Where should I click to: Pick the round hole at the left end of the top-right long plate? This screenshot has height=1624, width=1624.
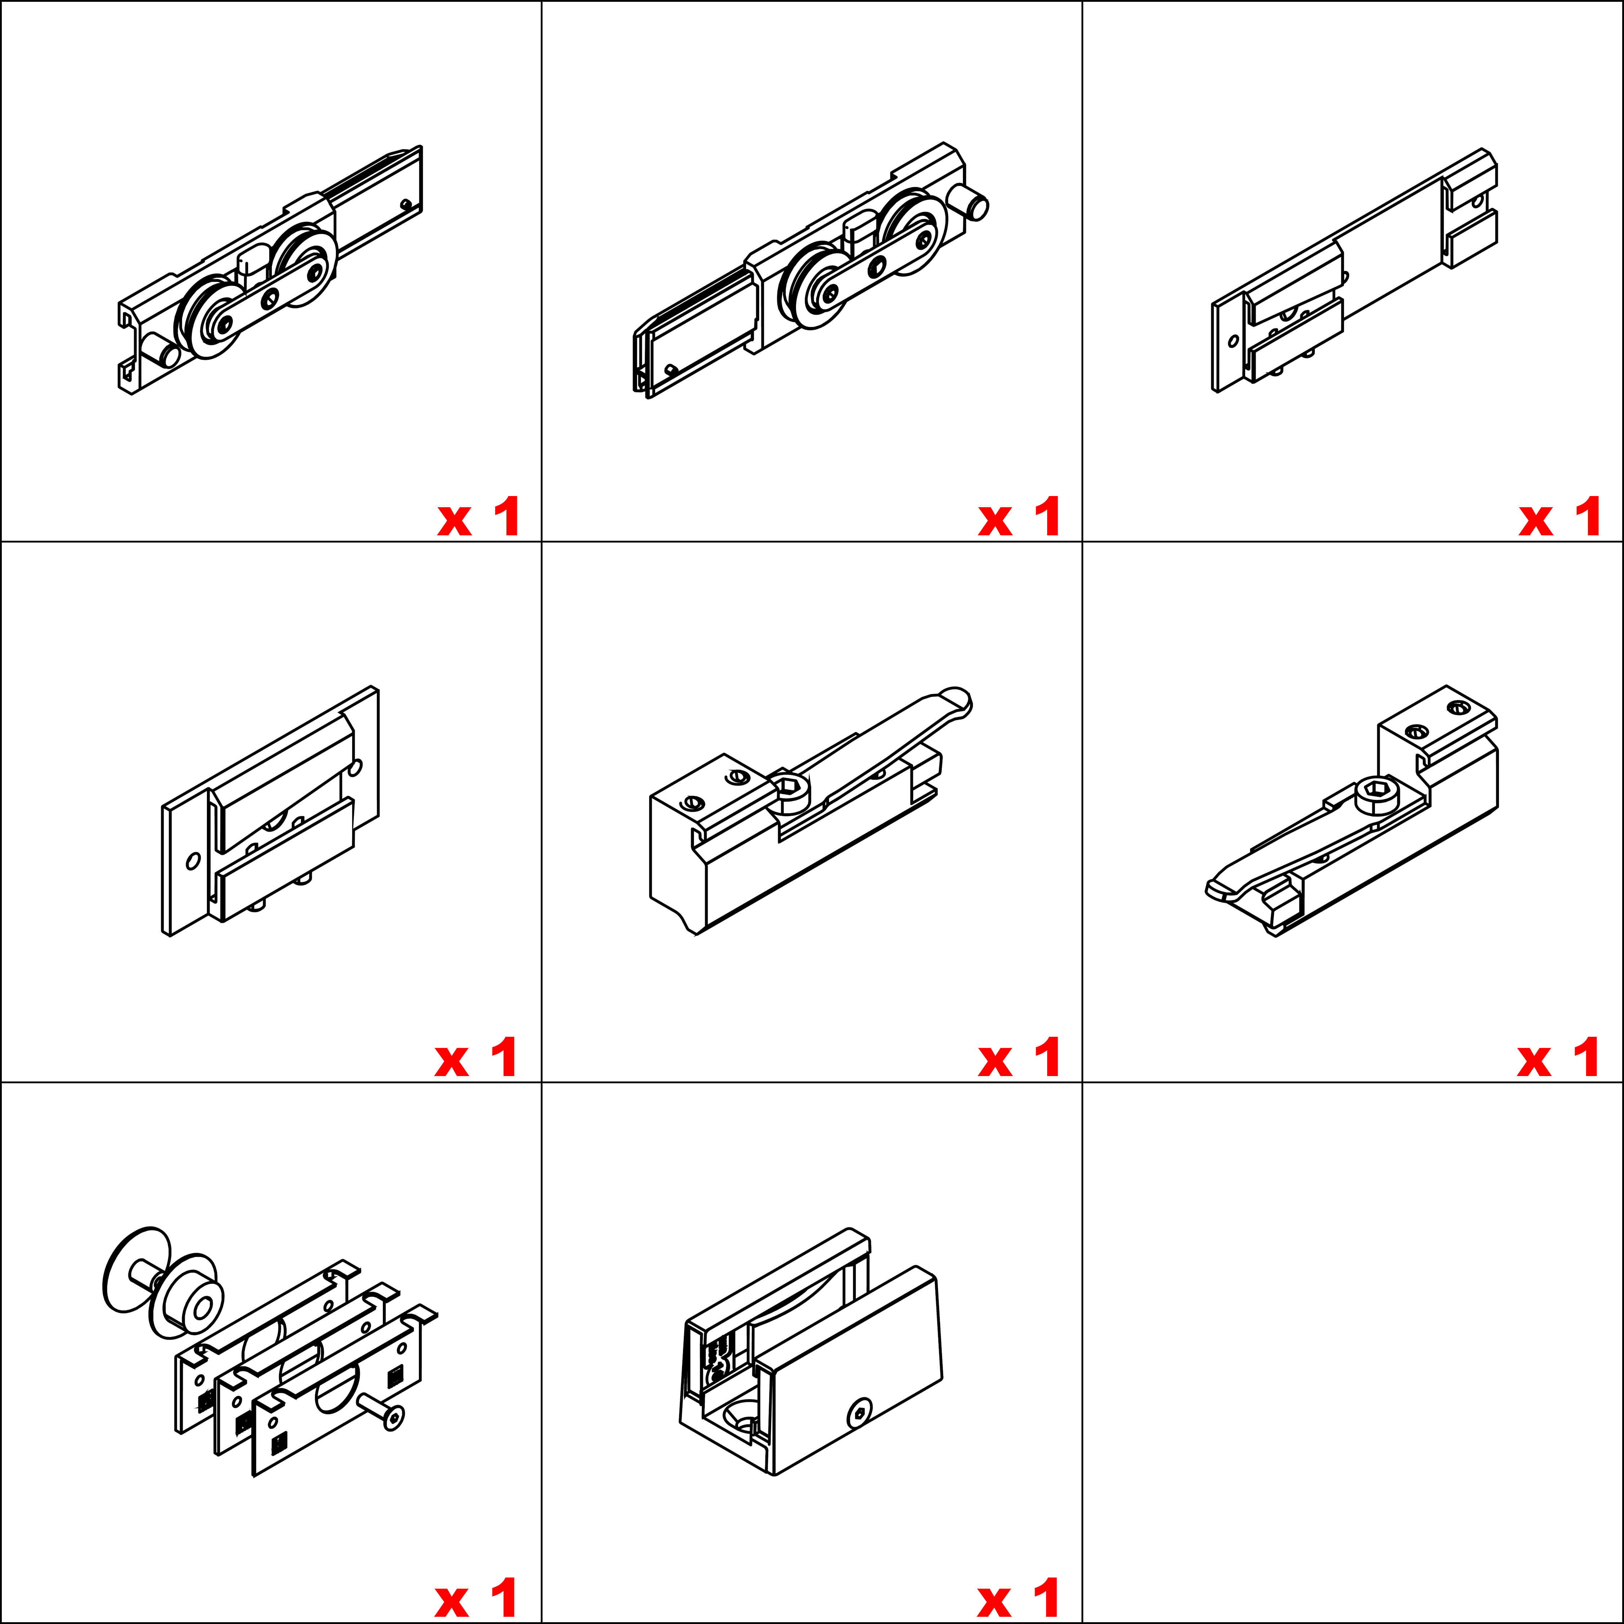(x=1233, y=341)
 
